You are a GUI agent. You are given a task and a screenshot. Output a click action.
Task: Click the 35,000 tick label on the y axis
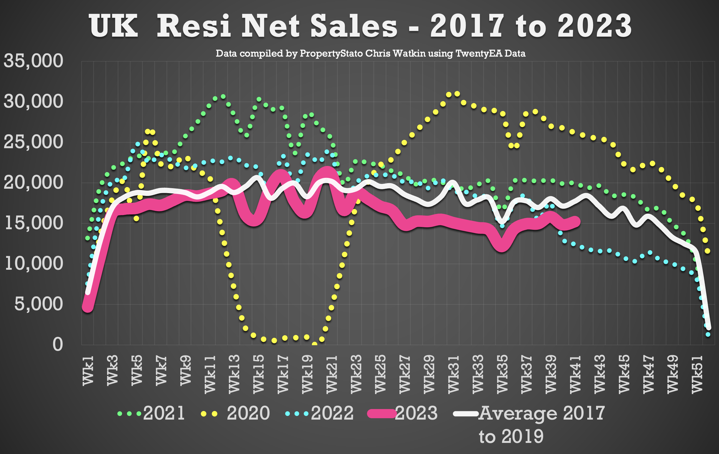coord(34,61)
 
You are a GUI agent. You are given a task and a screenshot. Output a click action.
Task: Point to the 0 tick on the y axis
coord(58,344)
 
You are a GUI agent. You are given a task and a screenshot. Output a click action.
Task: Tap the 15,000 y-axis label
coord(34,223)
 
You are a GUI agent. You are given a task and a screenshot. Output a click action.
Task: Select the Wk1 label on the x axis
coord(88,370)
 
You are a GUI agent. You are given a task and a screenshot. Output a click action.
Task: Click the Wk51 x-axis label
coord(697,374)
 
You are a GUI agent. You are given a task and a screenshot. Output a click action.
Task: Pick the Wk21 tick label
coord(332,374)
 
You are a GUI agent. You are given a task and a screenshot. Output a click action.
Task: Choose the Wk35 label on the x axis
coord(503,374)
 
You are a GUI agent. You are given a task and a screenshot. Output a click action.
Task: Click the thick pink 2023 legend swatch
coord(382,414)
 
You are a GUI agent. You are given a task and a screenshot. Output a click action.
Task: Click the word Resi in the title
coord(194,26)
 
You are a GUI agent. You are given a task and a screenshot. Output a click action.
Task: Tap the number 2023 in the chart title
coord(594,26)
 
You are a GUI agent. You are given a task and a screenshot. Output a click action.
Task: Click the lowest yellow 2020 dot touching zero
coord(314,344)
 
